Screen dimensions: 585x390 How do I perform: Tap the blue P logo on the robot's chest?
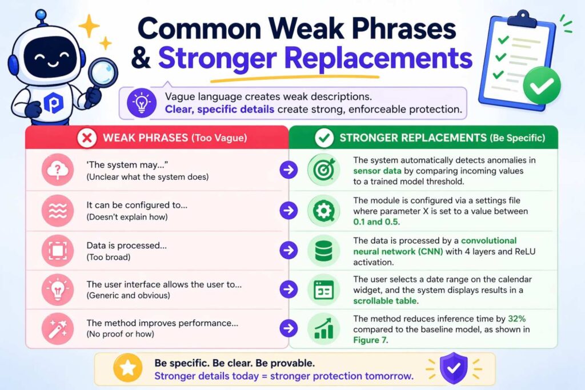point(53,103)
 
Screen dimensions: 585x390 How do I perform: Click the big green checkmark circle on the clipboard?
point(542,86)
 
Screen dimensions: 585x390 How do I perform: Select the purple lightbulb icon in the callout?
point(142,102)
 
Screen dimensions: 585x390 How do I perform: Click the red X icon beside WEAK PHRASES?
point(87,138)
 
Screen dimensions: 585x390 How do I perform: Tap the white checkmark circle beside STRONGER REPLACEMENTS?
point(324,138)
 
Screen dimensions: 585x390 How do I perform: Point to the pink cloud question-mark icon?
point(58,170)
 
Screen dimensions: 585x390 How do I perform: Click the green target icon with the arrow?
point(324,170)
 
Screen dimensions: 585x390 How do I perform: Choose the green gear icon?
point(324,211)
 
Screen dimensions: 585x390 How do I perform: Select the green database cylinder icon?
point(324,251)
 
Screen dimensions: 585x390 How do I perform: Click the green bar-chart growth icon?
point(324,328)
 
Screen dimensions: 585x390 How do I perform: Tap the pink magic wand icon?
point(58,328)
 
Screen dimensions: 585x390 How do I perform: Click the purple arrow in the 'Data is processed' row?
point(289,250)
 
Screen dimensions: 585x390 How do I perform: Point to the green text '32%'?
point(516,319)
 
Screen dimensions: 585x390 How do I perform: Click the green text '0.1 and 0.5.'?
point(376,222)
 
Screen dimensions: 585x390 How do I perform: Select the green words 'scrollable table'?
point(385,301)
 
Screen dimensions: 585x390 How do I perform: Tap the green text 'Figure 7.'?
point(370,340)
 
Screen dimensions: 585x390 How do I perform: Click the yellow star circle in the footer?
point(127,368)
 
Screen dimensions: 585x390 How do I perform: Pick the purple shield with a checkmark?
point(453,368)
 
